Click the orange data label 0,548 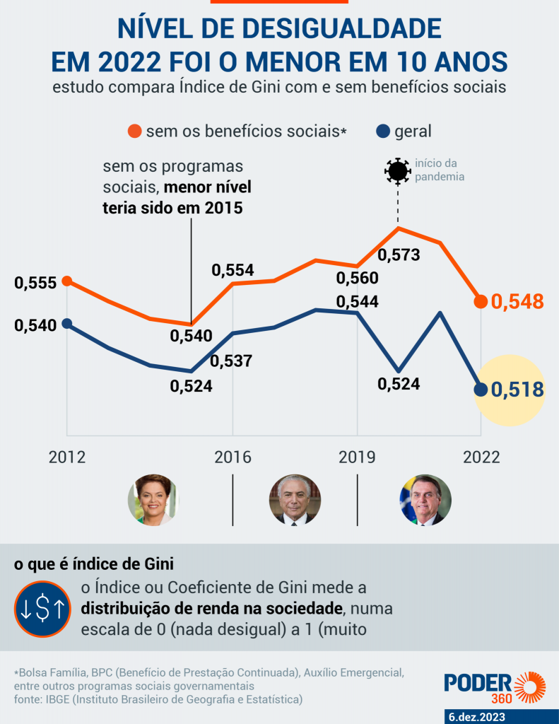pos(517,302)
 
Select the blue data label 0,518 pos(517,390)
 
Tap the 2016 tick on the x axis pos(233,457)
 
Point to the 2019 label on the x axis pos(357,457)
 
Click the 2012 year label pos(67,457)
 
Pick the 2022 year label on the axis pos(481,457)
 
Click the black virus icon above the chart pos(397,171)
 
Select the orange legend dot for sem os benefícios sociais pos(135,131)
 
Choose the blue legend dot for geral pos(383,131)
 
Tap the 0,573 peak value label pos(399,255)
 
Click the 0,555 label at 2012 pos(35,284)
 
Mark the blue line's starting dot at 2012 pos(67,323)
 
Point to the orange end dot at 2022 pos(481,302)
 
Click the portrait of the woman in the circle pos(153,500)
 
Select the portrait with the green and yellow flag pos(425,500)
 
